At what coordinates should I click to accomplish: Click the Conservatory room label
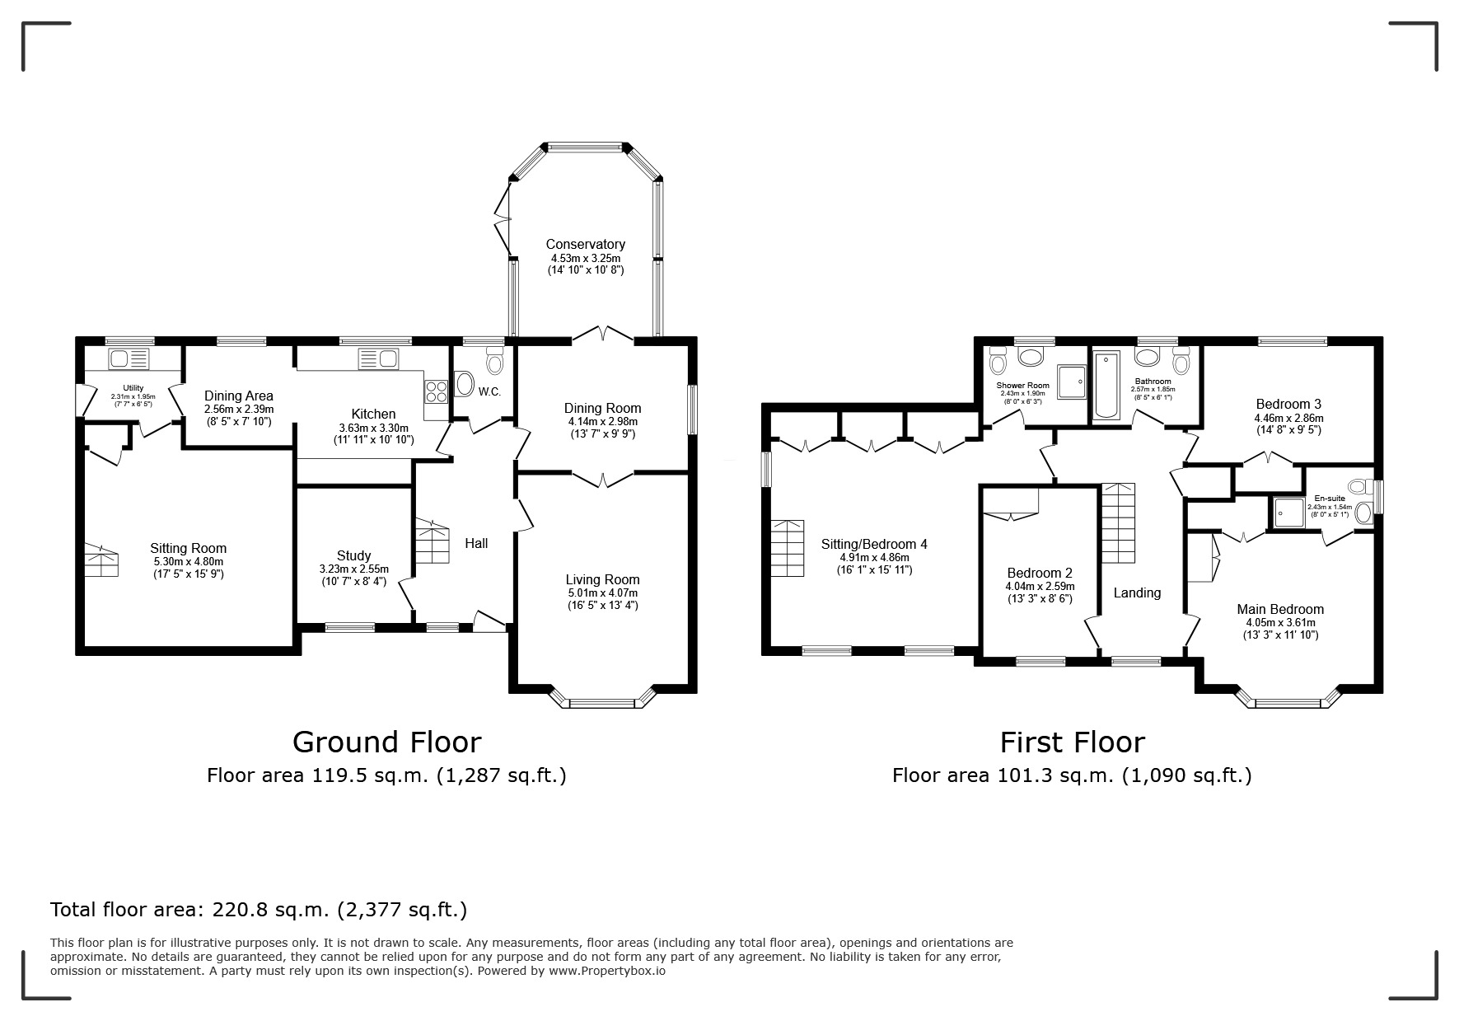pyautogui.click(x=585, y=244)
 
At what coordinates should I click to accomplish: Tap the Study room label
pyautogui.click(x=353, y=555)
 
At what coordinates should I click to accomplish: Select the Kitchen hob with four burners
pyautogui.click(x=435, y=390)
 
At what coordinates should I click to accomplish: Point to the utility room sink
pyautogui.click(x=128, y=359)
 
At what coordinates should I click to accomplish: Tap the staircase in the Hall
pyautogui.click(x=432, y=541)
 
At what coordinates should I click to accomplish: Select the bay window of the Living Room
pyautogui.click(x=602, y=700)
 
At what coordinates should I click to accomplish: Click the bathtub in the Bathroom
pyautogui.click(x=1106, y=386)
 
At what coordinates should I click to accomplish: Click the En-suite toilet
pyautogui.click(x=1364, y=513)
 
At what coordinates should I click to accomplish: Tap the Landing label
pyautogui.click(x=1137, y=592)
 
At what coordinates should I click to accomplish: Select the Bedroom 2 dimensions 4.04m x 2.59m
pyautogui.click(x=1040, y=587)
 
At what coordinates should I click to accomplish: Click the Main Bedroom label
pyautogui.click(x=1279, y=610)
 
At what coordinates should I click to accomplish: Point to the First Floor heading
pyautogui.click(x=1072, y=742)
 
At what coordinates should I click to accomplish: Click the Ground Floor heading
pyautogui.click(x=386, y=742)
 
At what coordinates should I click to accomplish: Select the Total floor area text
pyautogui.click(x=259, y=910)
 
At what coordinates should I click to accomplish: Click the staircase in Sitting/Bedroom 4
pyautogui.click(x=788, y=548)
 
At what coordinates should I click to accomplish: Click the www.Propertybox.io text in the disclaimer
pyautogui.click(x=606, y=971)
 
